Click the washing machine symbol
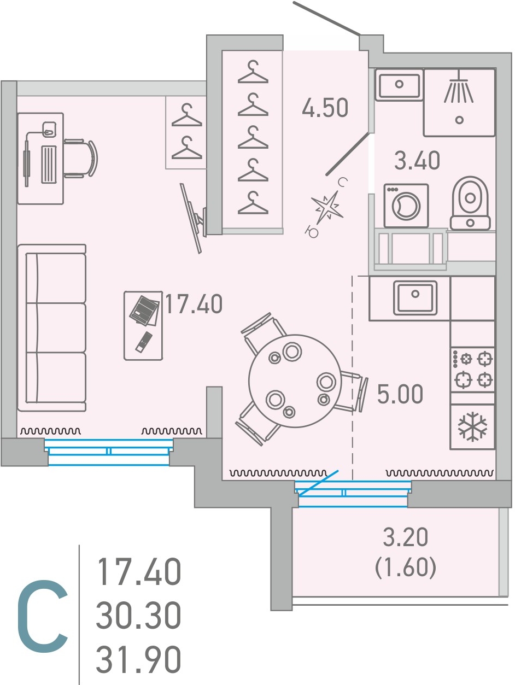pyautogui.click(x=406, y=206)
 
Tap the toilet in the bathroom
pyautogui.click(x=470, y=203)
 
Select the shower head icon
pyautogui.click(x=459, y=86)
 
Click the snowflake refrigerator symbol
pyautogui.click(x=472, y=427)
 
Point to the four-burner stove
pyautogui.click(x=472, y=369)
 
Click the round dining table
pyautogui.click(x=295, y=380)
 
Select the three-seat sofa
pyautogui.click(x=52, y=327)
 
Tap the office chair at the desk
pyautogui.click(x=80, y=159)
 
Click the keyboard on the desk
pyautogui.click(x=49, y=164)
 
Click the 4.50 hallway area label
pyautogui.click(x=325, y=108)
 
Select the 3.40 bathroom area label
pyautogui.click(x=417, y=160)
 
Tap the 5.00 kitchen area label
pyautogui.click(x=400, y=394)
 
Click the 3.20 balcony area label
pyautogui.click(x=406, y=537)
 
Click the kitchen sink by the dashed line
pyautogui.click(x=415, y=297)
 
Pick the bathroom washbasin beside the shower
pyautogui.click(x=399, y=84)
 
